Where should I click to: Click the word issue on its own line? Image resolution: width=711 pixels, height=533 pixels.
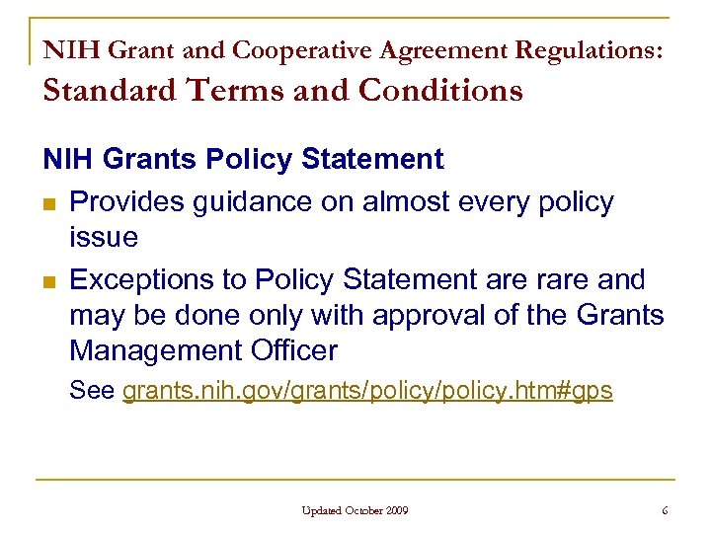104,237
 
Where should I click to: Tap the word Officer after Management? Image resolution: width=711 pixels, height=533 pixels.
293,350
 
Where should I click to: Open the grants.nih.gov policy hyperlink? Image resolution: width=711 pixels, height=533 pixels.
367,391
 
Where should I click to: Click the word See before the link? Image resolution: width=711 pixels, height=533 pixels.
92,391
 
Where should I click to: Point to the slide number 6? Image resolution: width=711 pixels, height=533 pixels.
665,510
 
